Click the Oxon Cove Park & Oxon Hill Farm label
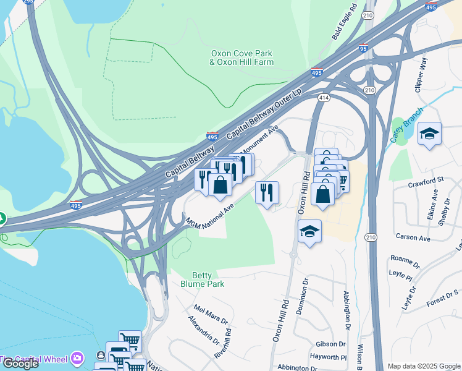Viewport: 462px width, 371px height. point(241,58)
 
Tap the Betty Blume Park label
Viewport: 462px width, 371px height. point(202,279)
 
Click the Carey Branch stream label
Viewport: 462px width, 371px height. point(406,124)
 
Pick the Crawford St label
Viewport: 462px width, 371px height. point(426,180)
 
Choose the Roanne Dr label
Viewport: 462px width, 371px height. point(405,260)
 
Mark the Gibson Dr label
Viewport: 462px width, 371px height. point(330,344)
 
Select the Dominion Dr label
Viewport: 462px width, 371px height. point(303,297)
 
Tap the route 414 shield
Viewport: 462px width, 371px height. point(324,98)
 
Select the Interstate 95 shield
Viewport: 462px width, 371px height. point(363,48)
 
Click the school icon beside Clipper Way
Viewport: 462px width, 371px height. point(429,134)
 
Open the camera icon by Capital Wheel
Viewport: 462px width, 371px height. point(77,357)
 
